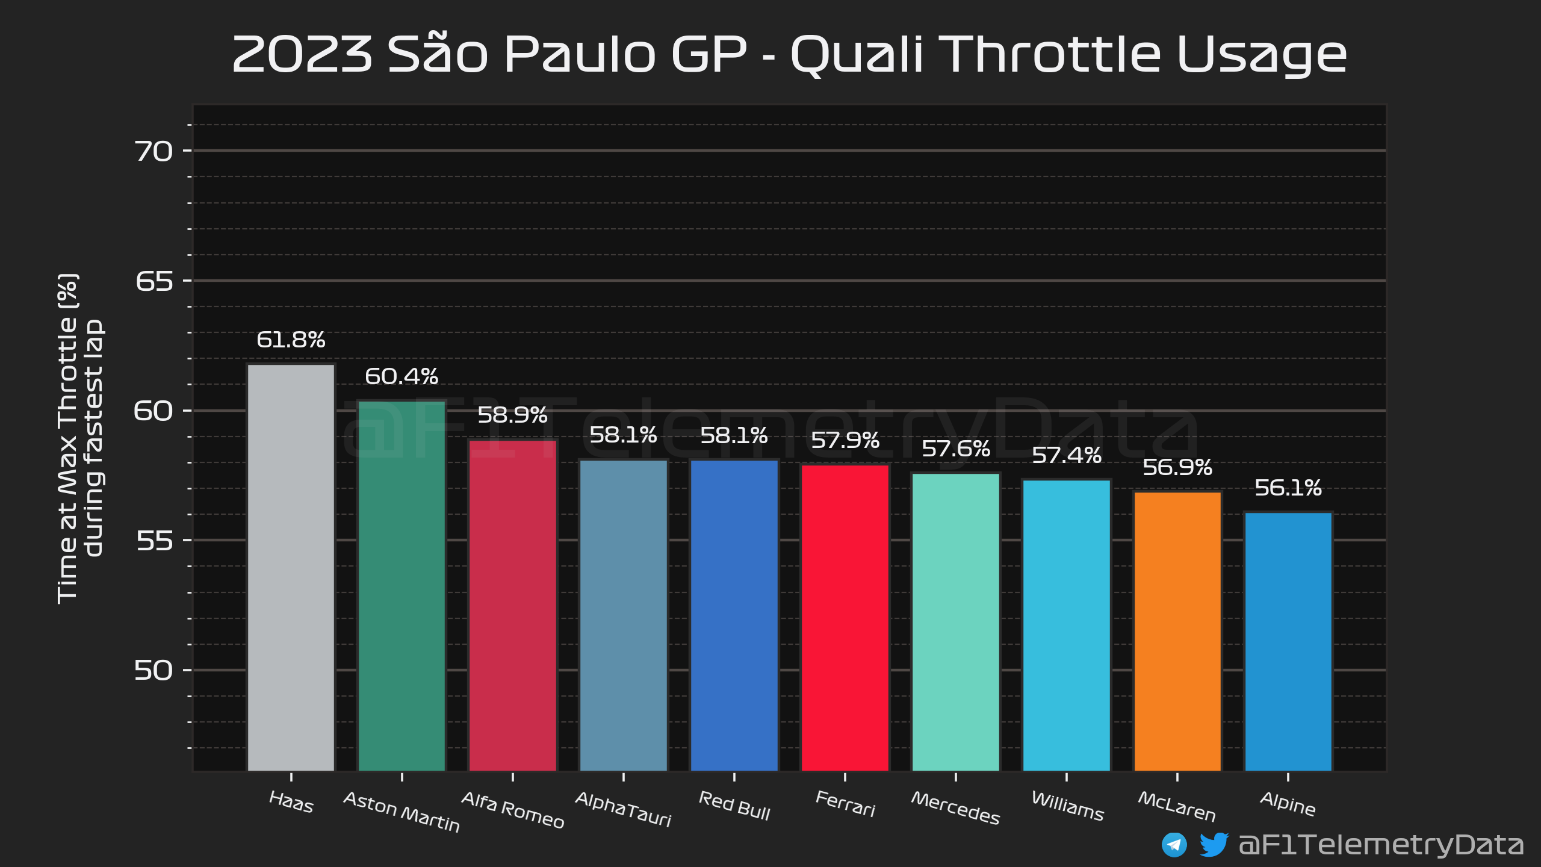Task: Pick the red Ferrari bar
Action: pyautogui.click(x=845, y=617)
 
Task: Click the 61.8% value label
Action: pyautogui.click(x=291, y=340)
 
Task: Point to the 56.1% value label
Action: pyautogui.click(x=1288, y=488)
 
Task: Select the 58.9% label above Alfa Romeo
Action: pyautogui.click(x=512, y=415)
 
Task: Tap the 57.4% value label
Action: pyautogui.click(x=1067, y=455)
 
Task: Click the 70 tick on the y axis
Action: pyautogui.click(x=153, y=151)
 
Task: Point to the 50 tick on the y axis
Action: pyautogui.click(x=153, y=670)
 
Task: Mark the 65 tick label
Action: pyautogui.click(x=154, y=281)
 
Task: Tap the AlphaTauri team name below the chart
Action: pyautogui.click(x=623, y=809)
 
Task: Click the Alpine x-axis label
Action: pyautogui.click(x=1288, y=804)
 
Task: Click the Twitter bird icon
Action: pyautogui.click(x=1214, y=844)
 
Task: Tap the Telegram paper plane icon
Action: pyautogui.click(x=1174, y=845)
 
